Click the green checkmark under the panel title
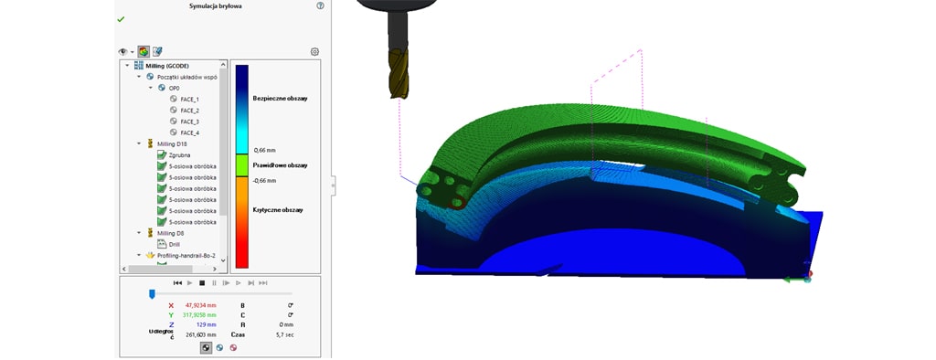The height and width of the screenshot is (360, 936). [121, 19]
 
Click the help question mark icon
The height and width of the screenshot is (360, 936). [320, 5]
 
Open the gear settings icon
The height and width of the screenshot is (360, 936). [314, 52]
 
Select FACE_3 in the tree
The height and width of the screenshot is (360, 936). [189, 122]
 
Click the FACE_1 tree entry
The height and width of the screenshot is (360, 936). [189, 99]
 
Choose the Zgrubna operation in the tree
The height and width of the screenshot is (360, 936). [179, 155]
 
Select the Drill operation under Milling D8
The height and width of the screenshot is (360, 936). [174, 244]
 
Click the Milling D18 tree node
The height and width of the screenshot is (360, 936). [171, 143]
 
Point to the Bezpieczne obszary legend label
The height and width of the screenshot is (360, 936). [279, 97]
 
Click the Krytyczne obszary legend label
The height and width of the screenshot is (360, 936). [278, 210]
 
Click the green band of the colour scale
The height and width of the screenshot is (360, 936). [242, 165]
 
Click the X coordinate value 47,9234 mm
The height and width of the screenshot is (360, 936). [200, 305]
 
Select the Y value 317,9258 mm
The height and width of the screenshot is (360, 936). [200, 315]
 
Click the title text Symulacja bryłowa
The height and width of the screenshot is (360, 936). [216, 5]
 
